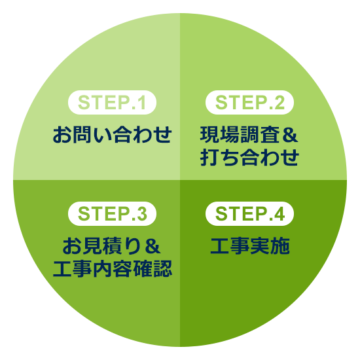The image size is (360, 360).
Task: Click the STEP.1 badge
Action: click(x=112, y=102)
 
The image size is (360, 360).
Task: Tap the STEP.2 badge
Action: click(x=249, y=102)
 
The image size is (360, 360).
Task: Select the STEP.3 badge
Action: click(x=112, y=213)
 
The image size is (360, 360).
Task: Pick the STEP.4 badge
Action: click(x=249, y=213)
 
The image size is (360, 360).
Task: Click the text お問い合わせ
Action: click(x=113, y=135)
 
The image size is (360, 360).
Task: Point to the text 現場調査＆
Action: click(x=249, y=135)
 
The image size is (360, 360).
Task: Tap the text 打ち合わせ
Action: click(x=249, y=157)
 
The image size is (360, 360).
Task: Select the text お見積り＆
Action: click(x=111, y=246)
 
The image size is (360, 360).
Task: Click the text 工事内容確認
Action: click(x=113, y=268)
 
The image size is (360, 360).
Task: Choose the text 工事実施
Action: click(x=250, y=246)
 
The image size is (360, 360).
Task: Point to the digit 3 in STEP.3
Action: click(x=141, y=214)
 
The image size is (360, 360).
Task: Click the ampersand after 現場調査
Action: click(x=291, y=135)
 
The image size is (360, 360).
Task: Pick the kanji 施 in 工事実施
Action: click(x=280, y=246)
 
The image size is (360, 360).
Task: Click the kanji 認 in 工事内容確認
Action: click(x=163, y=268)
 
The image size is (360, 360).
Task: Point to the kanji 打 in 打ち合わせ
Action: click(x=209, y=157)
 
